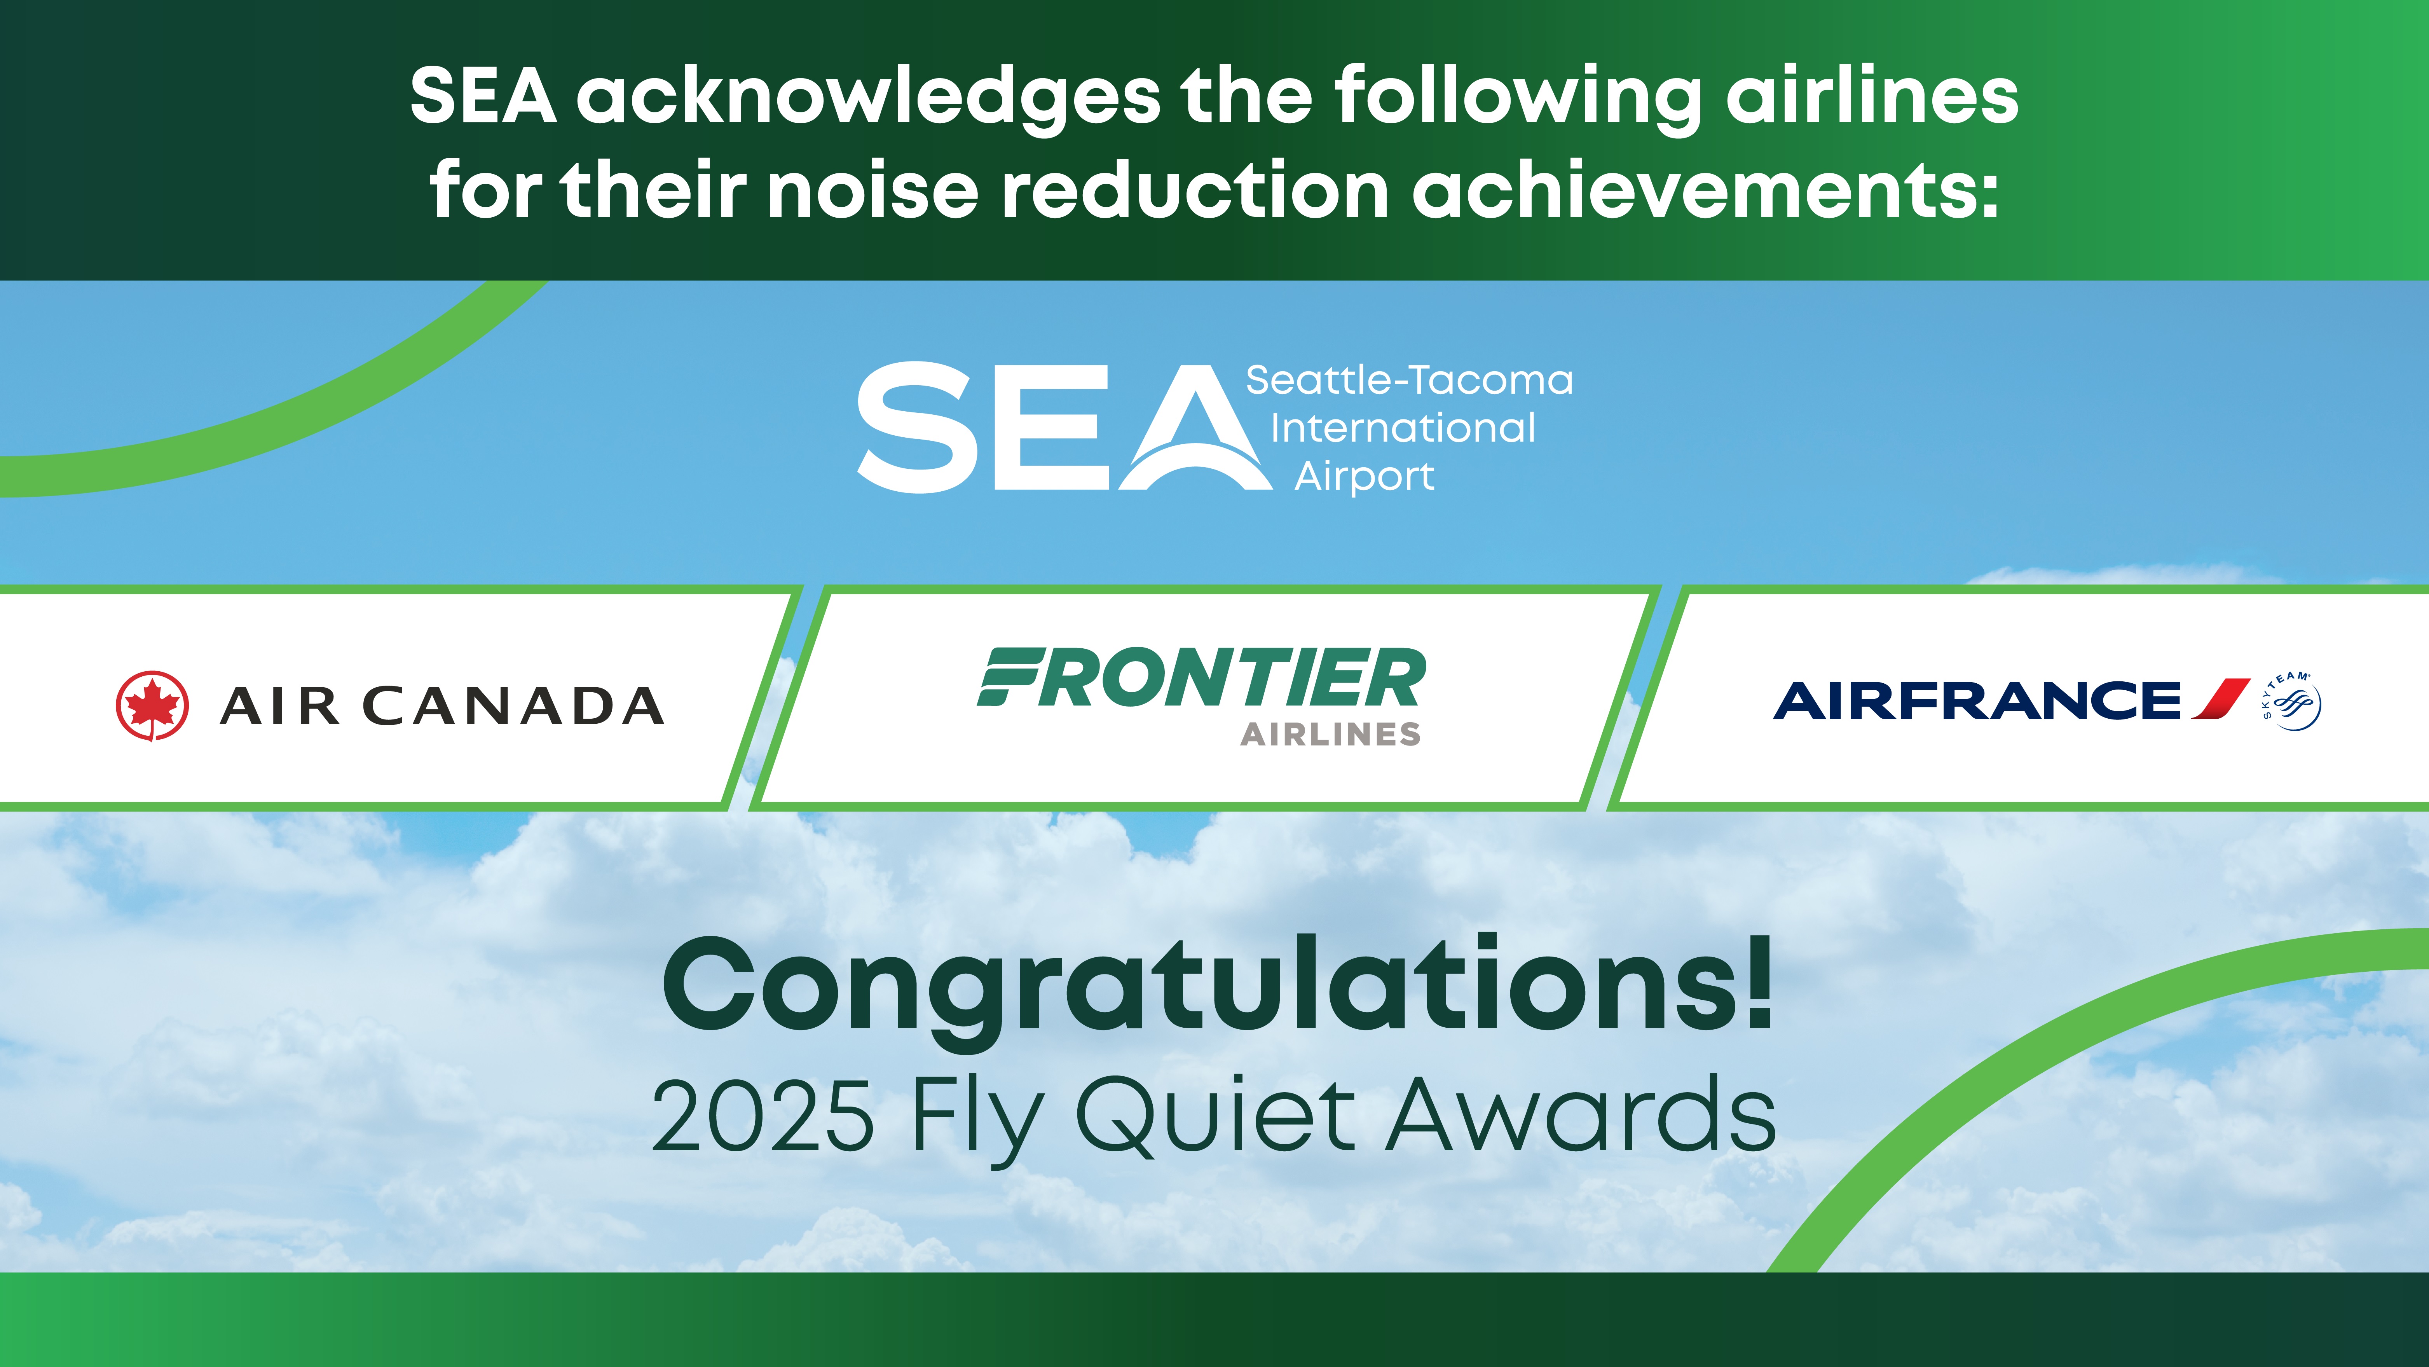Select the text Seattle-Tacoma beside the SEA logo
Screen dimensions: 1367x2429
[x=1409, y=380]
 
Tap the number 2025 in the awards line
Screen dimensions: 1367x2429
[x=762, y=1117]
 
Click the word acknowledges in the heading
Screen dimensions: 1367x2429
[x=867, y=97]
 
